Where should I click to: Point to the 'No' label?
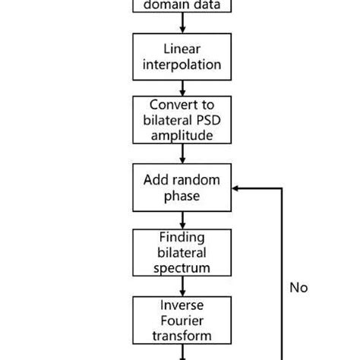pyautogui.click(x=299, y=287)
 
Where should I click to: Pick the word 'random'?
pyautogui.click(x=196, y=179)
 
